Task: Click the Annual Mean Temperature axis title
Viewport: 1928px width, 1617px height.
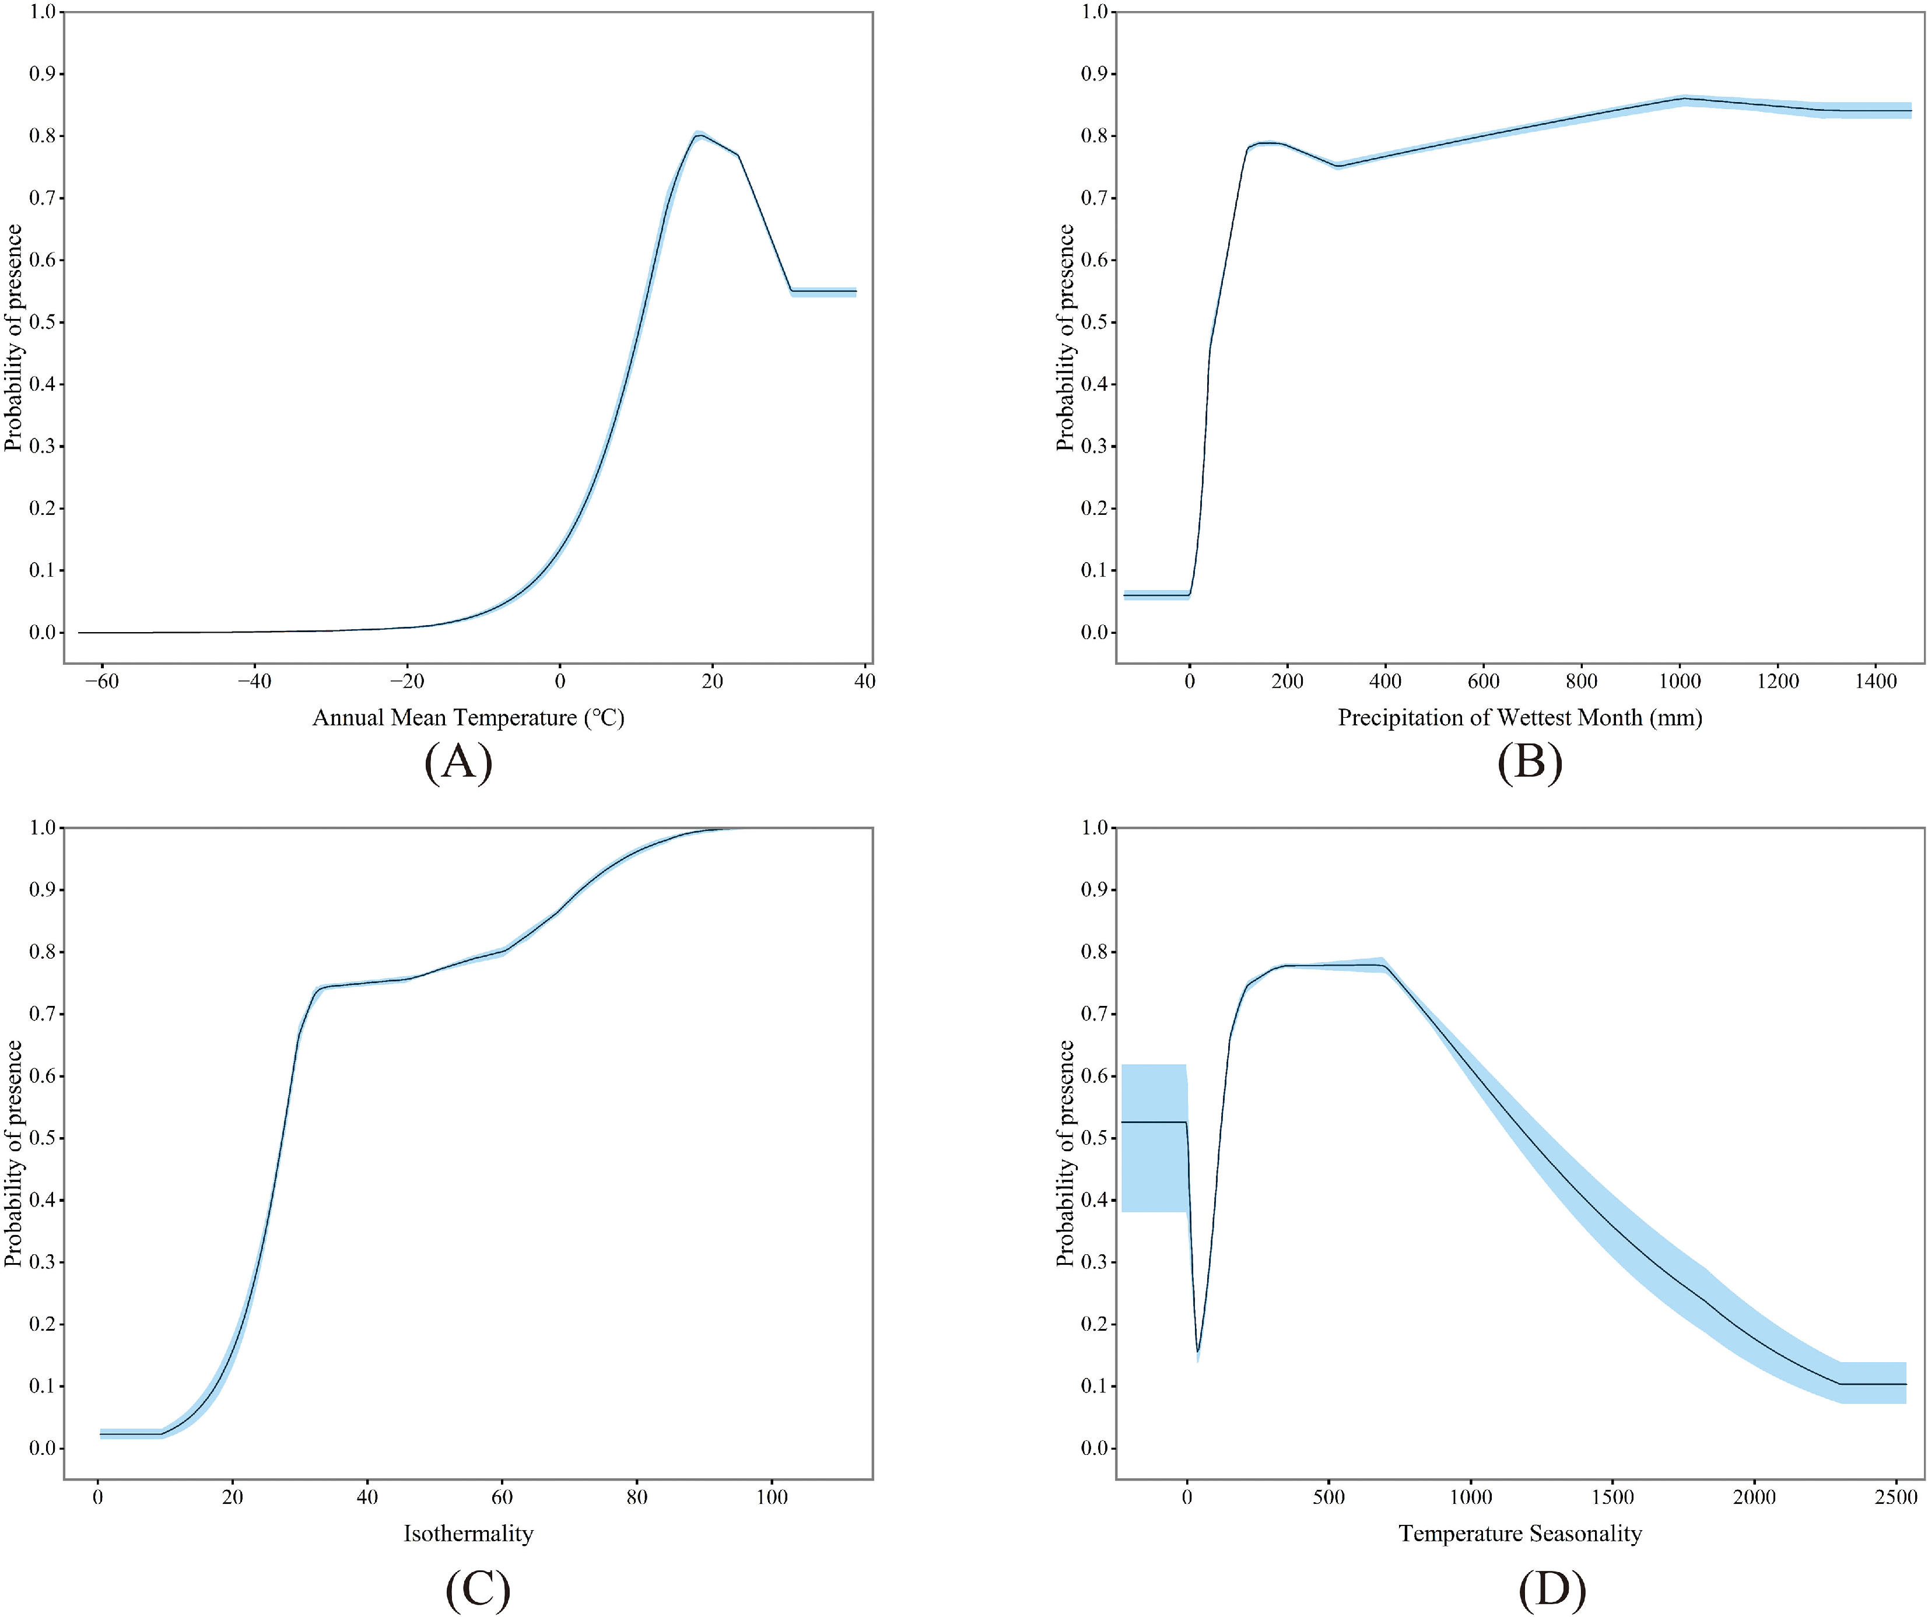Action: pos(468,717)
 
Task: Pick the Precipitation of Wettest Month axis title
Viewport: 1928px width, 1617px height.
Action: pos(1519,717)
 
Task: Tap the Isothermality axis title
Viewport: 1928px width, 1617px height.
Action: pos(468,1532)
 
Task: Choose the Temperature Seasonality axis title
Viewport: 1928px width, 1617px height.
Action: pos(1519,1532)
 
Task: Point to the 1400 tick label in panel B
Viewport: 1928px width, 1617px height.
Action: pos(1876,681)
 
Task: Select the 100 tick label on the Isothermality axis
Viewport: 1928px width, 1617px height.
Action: pos(771,1497)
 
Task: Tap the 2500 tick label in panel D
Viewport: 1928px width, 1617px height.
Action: pos(1895,1497)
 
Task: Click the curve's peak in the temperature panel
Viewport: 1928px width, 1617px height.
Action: pos(700,136)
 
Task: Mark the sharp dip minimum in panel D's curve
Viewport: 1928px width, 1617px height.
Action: pos(1198,1352)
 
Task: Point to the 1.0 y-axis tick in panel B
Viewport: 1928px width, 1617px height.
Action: pos(1095,12)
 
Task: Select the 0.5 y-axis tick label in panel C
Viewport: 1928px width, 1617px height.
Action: pos(42,1138)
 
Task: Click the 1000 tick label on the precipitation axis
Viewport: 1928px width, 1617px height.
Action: pos(1679,681)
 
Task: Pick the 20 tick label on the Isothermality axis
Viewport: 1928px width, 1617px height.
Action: pos(232,1497)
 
